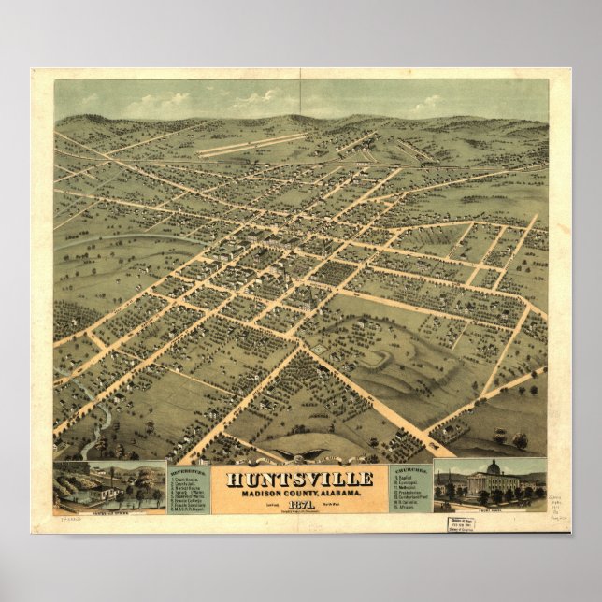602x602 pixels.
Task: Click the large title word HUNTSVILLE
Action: pos(299,479)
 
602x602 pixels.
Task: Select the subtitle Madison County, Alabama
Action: pos(299,493)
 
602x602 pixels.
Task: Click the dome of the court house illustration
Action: pos(493,466)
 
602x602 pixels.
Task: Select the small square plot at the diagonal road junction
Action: pos(318,348)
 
